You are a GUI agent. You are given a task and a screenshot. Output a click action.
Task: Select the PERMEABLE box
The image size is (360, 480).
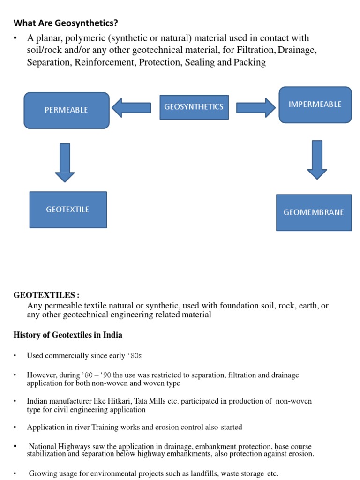[67, 110]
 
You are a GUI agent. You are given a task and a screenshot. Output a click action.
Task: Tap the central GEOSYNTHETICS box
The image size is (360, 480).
[194, 107]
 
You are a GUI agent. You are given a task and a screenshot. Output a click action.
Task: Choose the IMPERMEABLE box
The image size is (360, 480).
[315, 105]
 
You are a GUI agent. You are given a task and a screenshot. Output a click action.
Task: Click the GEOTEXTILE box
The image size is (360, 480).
[68, 210]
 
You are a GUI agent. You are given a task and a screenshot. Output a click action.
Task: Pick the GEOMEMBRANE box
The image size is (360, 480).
[314, 212]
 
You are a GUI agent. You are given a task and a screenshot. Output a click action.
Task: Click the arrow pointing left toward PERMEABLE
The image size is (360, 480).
[131, 107]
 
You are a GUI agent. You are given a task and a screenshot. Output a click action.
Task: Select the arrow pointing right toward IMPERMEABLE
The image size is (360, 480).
[255, 107]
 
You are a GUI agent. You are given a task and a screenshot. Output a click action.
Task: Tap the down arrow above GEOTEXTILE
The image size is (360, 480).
[65, 162]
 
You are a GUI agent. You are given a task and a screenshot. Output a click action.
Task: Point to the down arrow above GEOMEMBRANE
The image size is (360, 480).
[317, 159]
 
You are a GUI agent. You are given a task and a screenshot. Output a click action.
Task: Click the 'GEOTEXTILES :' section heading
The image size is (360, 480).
[46, 295]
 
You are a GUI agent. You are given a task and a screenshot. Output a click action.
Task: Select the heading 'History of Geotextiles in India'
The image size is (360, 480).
[68, 335]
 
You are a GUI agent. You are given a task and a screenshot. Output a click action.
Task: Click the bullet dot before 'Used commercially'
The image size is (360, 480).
[15, 356]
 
